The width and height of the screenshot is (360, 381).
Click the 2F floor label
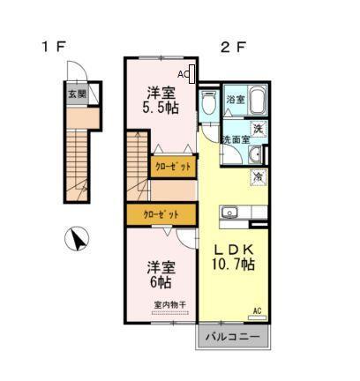coord(231,47)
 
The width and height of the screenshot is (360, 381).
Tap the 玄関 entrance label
coord(76,93)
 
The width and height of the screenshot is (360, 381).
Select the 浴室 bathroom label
coord(235,99)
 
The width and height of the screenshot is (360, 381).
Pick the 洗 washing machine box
coord(257,129)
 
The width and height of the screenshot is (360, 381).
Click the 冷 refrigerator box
coord(258,177)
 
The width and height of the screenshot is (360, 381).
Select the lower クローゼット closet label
coord(161,214)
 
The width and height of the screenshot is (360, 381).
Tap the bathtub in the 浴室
coord(257,100)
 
